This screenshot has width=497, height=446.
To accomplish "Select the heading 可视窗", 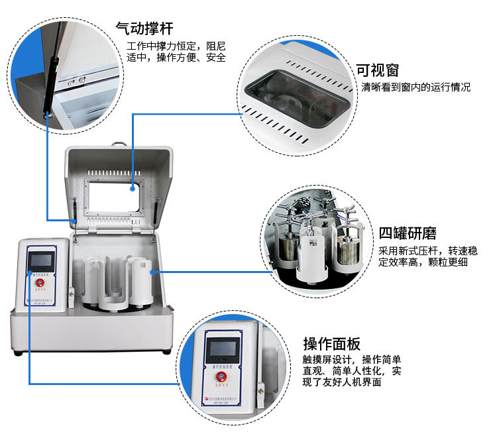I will click(378, 70).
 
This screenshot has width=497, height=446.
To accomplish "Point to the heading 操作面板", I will click(332, 344).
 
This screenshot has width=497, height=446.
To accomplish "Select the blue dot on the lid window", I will click(133, 188).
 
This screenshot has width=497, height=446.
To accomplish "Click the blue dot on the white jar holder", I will click(152, 271).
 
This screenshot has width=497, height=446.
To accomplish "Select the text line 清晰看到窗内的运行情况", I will click(416, 87).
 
